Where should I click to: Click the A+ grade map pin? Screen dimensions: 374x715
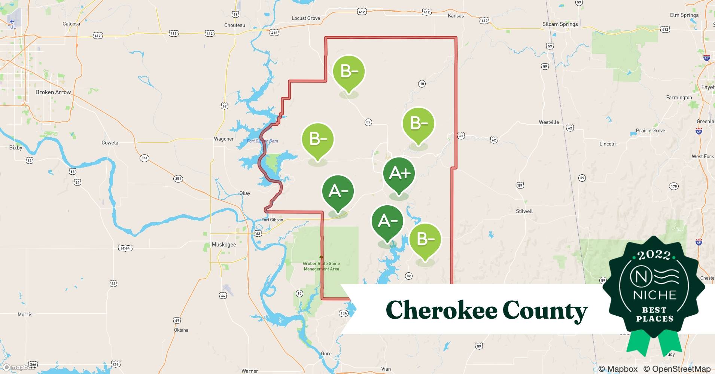399,174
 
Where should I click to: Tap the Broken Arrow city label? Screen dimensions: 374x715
53,92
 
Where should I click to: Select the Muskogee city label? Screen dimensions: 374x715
224,245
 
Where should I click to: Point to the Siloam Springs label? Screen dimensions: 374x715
560,24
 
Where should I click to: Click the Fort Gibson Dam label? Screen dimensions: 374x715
262,141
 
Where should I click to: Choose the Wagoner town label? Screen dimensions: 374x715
224,139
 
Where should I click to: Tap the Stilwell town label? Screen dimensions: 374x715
524,211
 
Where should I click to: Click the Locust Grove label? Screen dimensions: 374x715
306,18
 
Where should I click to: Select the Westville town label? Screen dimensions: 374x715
549,122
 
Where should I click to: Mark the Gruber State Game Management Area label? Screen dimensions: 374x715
322,266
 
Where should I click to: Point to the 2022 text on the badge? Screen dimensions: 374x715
654,255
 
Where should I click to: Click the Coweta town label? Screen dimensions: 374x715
110,142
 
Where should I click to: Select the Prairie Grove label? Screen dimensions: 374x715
651,131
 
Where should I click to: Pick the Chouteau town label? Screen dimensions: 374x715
235,25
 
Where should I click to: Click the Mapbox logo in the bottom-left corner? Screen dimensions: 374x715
19,367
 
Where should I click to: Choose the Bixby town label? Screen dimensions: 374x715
16,148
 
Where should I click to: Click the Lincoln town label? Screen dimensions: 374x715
607,144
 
